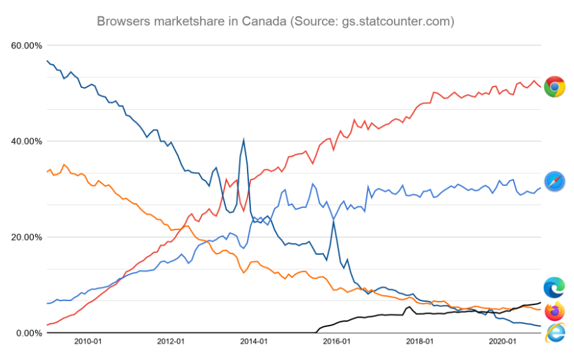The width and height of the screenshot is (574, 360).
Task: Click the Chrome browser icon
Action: pyautogui.click(x=554, y=87)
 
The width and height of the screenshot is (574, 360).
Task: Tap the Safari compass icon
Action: pyautogui.click(x=554, y=181)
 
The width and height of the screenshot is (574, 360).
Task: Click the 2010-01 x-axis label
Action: pyautogui.click(x=87, y=341)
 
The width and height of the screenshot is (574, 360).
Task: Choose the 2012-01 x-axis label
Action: pyautogui.click(x=170, y=341)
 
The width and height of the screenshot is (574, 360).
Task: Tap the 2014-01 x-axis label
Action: pyautogui.click(x=253, y=341)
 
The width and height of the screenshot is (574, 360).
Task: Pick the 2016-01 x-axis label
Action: pyautogui.click(x=336, y=341)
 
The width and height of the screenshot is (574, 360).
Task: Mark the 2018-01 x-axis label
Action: pyautogui.click(x=419, y=341)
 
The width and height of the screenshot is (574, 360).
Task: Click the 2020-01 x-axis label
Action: pyautogui.click(x=502, y=341)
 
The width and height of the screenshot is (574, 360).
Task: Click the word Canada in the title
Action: pyautogui.click(x=263, y=21)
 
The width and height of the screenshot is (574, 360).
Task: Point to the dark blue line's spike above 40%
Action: pyautogui.click(x=244, y=140)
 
